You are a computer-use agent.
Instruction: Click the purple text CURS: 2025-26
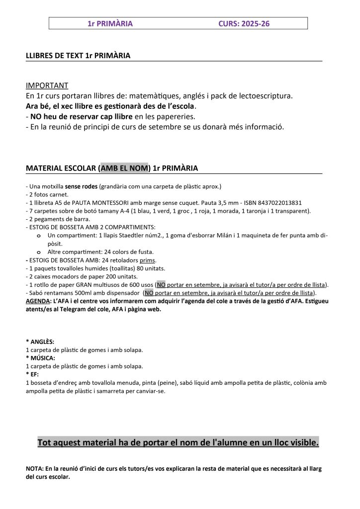pyautogui.click(x=244, y=23)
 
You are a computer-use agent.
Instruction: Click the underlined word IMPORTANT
pyautogui.click(x=47, y=85)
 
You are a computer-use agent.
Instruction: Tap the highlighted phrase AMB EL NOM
pyautogui.click(x=125, y=168)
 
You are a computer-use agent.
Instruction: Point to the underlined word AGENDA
pyautogui.click(x=38, y=301)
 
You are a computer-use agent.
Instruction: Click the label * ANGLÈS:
pyautogui.click(x=40, y=342)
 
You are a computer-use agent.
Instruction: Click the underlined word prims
pyautogui.click(x=148, y=260)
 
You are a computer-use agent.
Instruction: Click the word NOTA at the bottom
pyautogui.click(x=34, y=469)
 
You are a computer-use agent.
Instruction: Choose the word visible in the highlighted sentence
pyautogui.click(x=301, y=442)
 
